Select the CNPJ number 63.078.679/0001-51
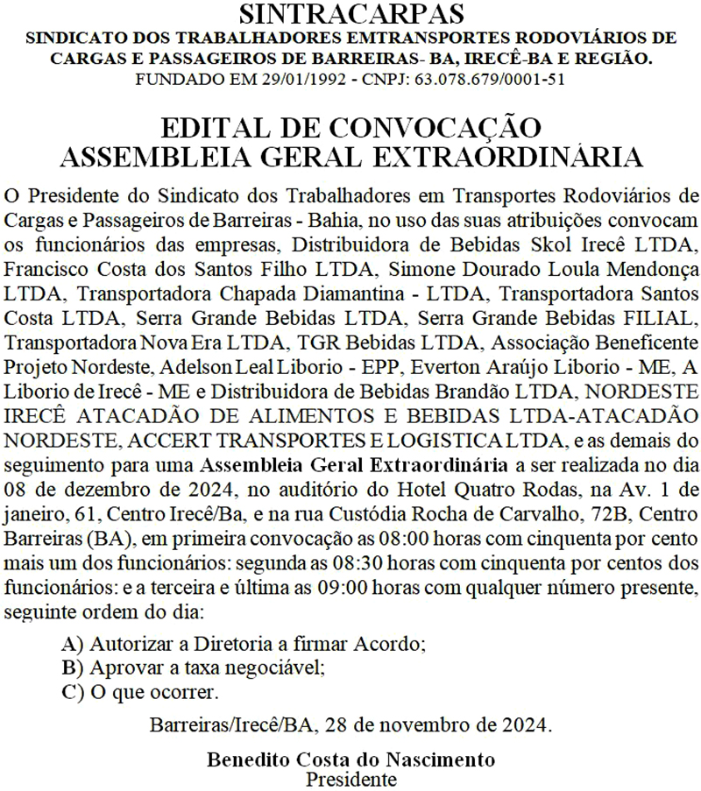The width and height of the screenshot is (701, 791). click(487, 78)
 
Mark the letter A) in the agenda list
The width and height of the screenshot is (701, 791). click(74, 645)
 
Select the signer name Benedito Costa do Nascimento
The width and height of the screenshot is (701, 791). click(350, 759)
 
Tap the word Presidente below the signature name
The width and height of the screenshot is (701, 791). click(350, 776)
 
